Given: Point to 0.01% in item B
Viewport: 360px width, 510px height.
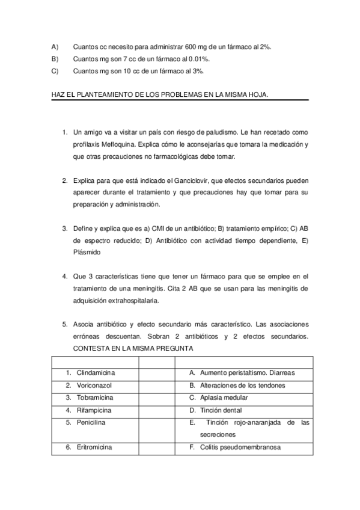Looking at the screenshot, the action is pyautogui.click(x=199, y=58).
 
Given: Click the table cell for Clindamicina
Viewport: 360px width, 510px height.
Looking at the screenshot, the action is pyautogui.click(x=96, y=373).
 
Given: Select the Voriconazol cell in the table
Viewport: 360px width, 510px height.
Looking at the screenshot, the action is pyautogui.click(x=95, y=385).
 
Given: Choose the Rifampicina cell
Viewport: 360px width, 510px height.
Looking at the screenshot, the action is pyautogui.click(x=95, y=410).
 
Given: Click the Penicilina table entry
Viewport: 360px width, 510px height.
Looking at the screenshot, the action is pyautogui.click(x=91, y=423).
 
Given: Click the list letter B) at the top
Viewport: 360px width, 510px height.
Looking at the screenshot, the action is pyautogui.click(x=55, y=58).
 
